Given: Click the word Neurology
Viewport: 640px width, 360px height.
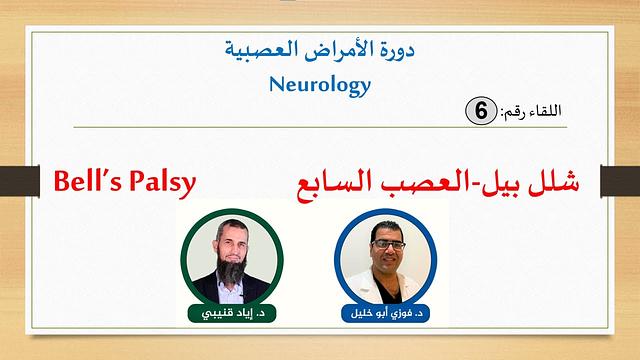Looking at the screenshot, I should (320, 84).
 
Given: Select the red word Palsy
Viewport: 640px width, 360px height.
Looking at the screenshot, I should (160, 184).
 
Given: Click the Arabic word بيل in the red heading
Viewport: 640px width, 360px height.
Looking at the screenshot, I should (510, 185).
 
